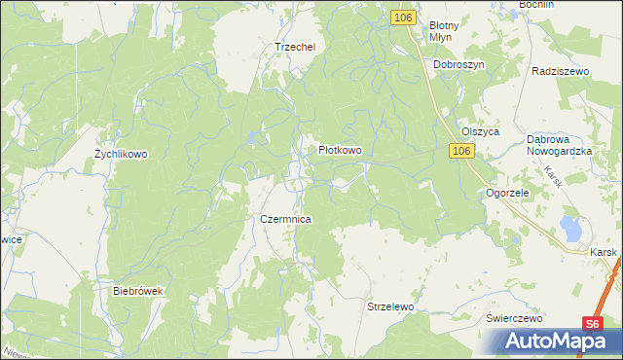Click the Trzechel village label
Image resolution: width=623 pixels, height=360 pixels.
(296, 46)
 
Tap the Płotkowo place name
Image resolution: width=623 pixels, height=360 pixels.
(340, 151)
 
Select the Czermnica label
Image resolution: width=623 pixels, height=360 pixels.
(285, 220)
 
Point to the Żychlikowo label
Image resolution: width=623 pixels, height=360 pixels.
(120, 154)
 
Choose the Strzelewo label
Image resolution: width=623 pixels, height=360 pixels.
(390, 306)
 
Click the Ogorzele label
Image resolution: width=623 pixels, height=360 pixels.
(507, 193)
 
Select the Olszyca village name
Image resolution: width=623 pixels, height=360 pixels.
(480, 131)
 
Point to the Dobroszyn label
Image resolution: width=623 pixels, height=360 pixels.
(458, 64)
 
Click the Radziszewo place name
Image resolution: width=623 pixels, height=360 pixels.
(563, 72)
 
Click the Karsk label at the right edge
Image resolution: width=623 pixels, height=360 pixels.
(605, 251)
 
